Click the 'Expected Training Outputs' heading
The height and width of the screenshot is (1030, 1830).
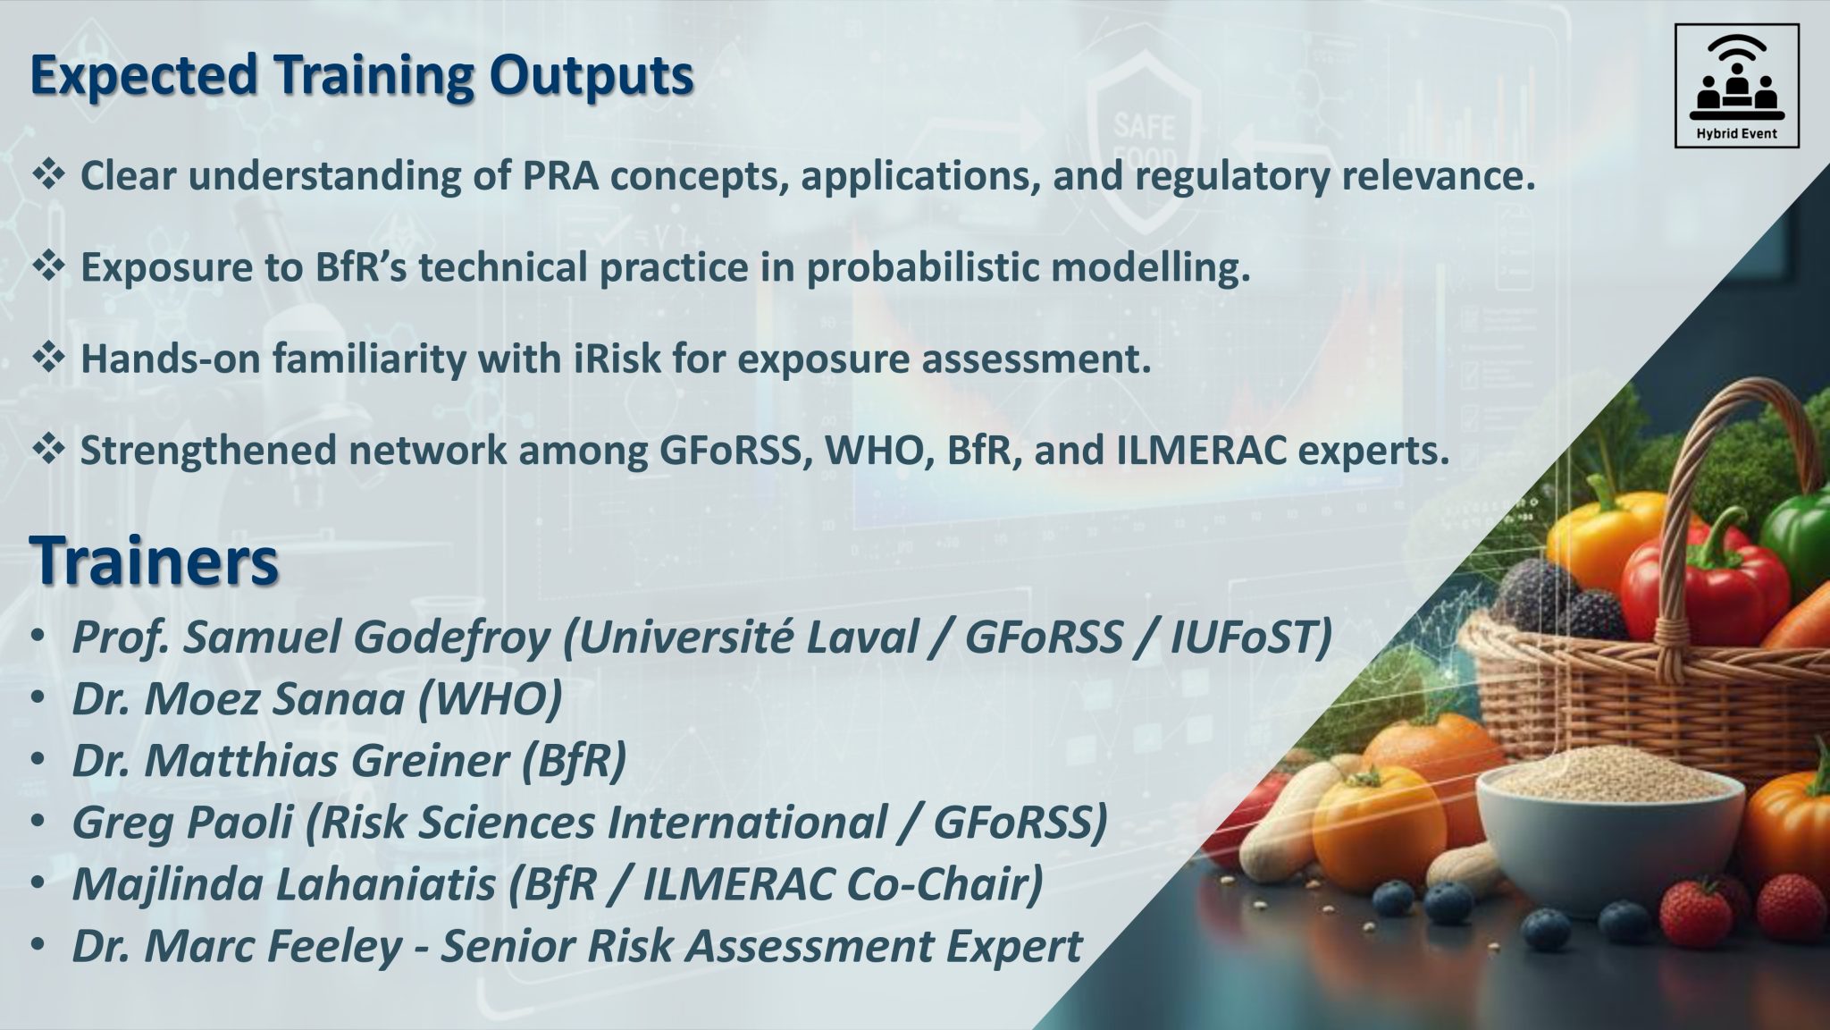[362, 76]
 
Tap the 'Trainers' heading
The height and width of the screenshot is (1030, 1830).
[155, 561]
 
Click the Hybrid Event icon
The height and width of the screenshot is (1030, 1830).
[1736, 86]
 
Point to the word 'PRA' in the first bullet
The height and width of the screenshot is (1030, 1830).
[561, 176]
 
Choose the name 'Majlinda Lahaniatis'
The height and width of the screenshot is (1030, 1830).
[284, 883]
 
